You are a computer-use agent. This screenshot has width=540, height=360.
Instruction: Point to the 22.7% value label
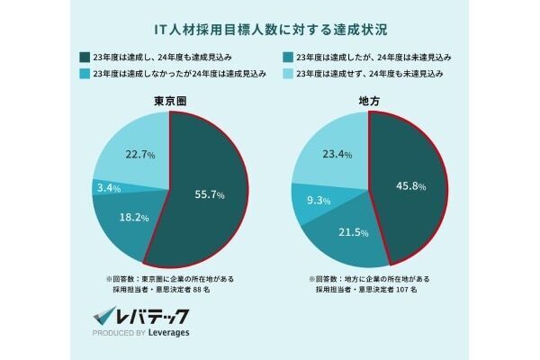tap(135, 155)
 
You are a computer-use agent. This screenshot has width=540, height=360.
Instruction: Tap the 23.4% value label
tap(335, 155)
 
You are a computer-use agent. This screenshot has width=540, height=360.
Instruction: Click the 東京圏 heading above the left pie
tap(169, 102)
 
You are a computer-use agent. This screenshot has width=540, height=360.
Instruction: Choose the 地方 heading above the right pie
tap(370, 102)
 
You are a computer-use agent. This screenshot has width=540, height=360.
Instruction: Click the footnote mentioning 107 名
tap(372, 285)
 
